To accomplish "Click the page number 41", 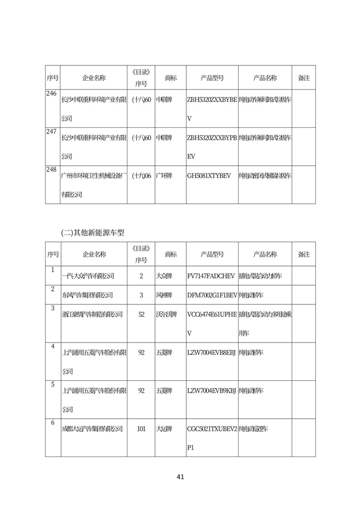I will [180, 477].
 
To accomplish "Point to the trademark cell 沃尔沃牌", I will [166, 314].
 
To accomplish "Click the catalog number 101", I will [141, 428].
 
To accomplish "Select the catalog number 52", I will [141, 314].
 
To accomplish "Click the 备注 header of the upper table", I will [303, 78].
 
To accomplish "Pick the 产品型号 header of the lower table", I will [212, 254].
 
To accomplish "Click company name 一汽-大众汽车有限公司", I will [87, 276].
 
